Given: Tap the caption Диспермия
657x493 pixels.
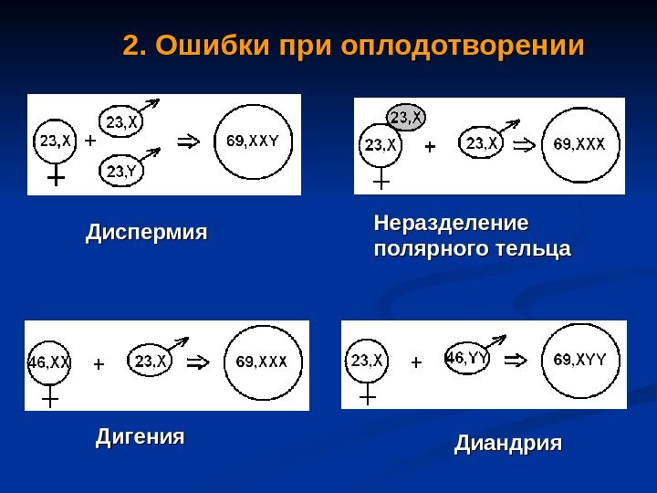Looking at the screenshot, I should coord(146,233).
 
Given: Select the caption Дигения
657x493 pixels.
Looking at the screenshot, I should coord(140,437).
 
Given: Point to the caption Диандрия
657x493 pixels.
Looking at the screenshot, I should coord(508,445).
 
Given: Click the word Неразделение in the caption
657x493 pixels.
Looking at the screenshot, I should coord(452,224).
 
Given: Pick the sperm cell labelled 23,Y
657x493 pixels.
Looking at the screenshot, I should coord(122,170).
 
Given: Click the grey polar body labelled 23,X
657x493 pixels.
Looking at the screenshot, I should coord(405,116).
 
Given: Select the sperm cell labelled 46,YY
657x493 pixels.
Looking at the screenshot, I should coord(467,359).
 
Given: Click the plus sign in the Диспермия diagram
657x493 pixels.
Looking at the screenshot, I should coord(89,142).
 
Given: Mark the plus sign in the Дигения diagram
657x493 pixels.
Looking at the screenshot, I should coord(99,363).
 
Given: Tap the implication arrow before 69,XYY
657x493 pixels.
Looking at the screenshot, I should coord(516,359).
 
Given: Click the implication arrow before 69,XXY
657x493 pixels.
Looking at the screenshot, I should coord(187,142).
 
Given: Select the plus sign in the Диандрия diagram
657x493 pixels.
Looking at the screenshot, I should coord(417,362).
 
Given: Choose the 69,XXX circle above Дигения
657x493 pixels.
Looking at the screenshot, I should coord(262,362).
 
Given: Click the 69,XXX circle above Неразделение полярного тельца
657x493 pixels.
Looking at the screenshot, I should coord(585,144).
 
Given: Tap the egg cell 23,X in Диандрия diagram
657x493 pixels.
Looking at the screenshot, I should coord(367,361).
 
